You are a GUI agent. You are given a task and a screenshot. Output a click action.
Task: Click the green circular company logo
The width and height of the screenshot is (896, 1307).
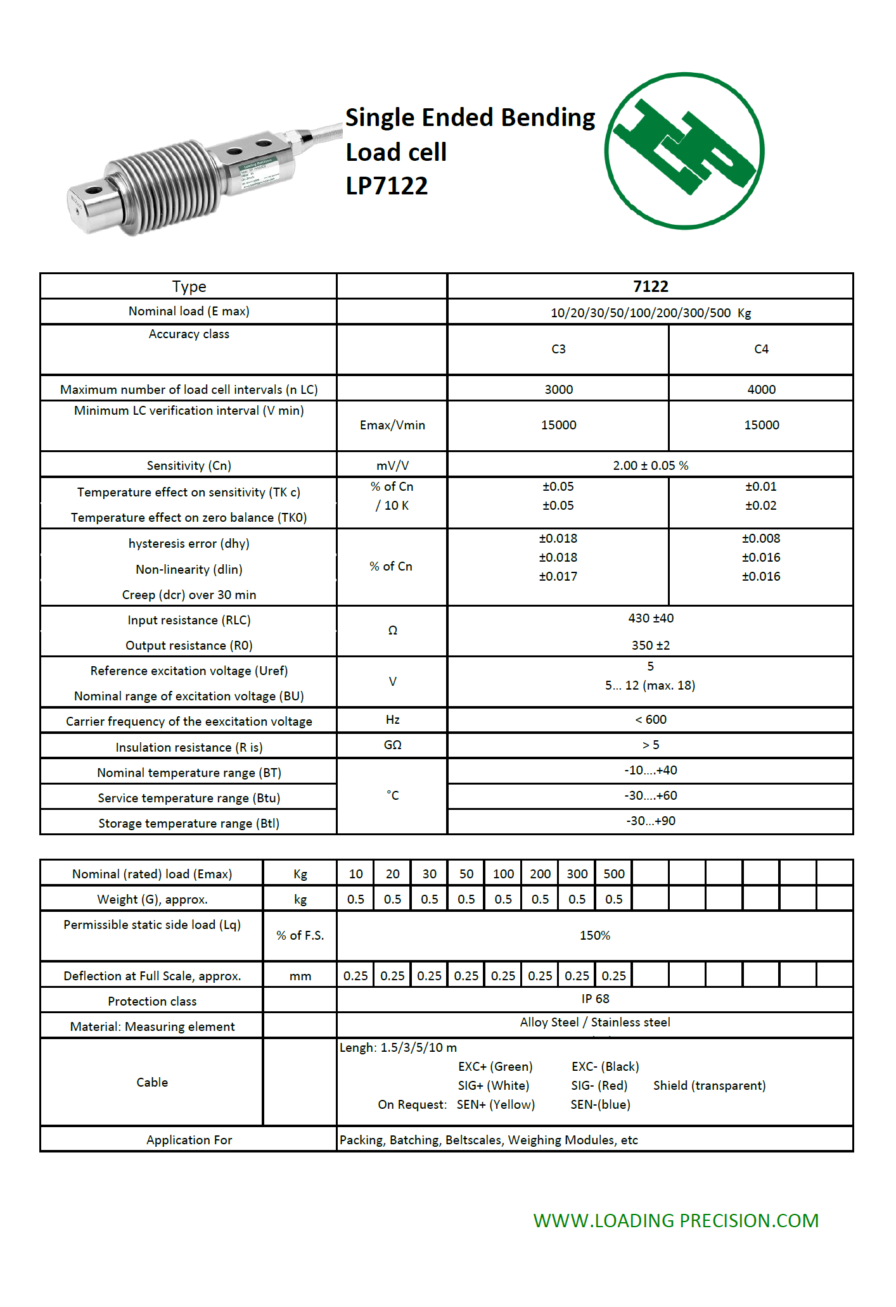coord(684,151)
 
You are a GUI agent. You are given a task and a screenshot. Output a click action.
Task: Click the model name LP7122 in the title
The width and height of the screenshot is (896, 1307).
coord(387,186)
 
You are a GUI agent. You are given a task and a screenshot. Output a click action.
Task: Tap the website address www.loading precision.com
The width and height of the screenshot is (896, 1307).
coord(675,1220)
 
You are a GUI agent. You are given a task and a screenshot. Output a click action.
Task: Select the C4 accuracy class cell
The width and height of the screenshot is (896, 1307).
coord(761,349)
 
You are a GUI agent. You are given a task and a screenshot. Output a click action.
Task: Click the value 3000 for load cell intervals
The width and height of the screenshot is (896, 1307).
coord(558,389)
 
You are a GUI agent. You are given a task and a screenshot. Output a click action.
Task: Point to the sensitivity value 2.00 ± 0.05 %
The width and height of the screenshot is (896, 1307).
coord(650,465)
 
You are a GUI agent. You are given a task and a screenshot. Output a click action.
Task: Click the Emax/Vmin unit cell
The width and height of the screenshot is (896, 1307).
coord(392,425)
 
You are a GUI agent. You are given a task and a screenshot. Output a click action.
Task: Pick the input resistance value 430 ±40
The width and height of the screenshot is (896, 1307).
coord(651,618)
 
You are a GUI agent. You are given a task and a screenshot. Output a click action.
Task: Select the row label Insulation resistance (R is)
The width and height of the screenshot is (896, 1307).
coord(189,747)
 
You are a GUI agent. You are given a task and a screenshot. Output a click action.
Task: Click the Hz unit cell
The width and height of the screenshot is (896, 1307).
coord(392,719)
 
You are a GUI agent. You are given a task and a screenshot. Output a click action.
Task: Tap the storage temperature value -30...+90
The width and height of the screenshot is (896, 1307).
coord(651,821)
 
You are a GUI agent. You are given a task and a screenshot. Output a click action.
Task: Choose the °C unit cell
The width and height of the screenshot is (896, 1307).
coord(392,795)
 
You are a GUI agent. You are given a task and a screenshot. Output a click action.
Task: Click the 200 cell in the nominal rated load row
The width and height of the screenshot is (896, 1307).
coord(540,874)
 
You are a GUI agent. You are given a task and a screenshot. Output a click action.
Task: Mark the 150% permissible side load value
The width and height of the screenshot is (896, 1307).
coord(594,935)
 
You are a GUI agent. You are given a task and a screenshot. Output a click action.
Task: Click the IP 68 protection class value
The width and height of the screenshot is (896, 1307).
coord(595,999)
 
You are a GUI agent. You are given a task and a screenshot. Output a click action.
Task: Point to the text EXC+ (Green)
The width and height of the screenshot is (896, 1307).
coord(495,1066)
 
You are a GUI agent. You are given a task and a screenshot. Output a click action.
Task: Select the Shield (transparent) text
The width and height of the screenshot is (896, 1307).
coord(709,1085)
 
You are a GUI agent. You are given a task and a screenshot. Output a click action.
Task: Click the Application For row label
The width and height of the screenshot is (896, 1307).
coord(189,1140)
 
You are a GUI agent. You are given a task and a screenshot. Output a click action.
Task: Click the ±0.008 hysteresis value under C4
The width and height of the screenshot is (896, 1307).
coord(761,538)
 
